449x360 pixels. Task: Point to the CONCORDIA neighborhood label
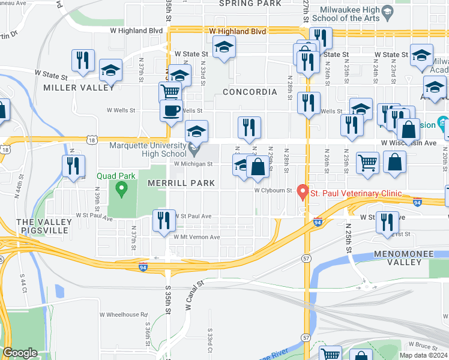coord(250,92)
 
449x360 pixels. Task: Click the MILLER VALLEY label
coord(79,88)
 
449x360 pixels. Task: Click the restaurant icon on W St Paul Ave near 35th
coord(163,220)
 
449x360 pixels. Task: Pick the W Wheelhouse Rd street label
coord(124,314)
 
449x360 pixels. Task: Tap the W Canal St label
coord(194,295)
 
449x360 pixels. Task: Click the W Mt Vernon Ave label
coord(197,237)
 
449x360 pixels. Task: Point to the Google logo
coord(20,353)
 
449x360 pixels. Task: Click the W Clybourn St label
coord(273,191)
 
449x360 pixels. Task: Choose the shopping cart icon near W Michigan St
coord(367,162)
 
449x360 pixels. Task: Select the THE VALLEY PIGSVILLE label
coord(44,226)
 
